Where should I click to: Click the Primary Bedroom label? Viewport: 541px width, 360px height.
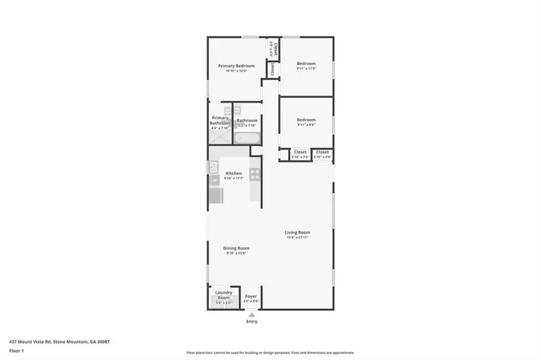236,66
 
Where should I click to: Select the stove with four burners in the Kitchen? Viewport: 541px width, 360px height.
255,175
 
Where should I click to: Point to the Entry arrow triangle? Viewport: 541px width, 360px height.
252,314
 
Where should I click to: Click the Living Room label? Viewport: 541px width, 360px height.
298,232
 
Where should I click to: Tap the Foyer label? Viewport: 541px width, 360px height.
251,296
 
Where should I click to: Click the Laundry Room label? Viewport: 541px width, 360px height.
224,294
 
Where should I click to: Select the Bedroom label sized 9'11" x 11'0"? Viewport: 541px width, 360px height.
306,63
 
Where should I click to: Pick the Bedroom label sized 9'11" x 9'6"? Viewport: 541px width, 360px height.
306,120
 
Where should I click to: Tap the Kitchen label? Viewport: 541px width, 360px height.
234,173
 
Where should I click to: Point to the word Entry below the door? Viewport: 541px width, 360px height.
252,322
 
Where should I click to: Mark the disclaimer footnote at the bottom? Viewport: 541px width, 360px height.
270,353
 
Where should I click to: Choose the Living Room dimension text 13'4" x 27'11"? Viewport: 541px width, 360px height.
298,237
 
